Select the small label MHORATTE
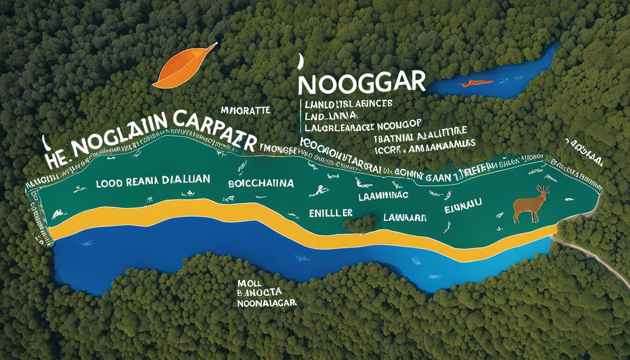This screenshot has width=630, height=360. (245, 111)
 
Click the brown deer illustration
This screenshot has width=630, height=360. (531, 204)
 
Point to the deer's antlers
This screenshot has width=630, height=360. (542, 189)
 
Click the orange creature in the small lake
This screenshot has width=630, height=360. (476, 83)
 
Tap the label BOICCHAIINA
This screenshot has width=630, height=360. (261, 183)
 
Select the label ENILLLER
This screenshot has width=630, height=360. (330, 212)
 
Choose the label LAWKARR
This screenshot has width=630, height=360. (405, 217)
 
